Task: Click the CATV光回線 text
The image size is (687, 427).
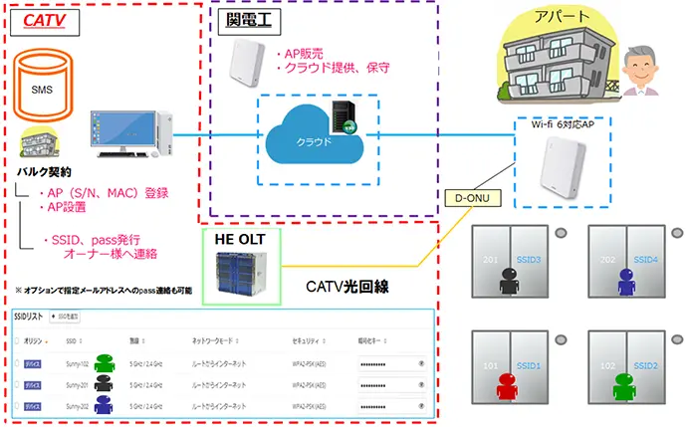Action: (x=352, y=287)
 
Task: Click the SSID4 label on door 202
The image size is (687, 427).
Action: (x=646, y=261)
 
